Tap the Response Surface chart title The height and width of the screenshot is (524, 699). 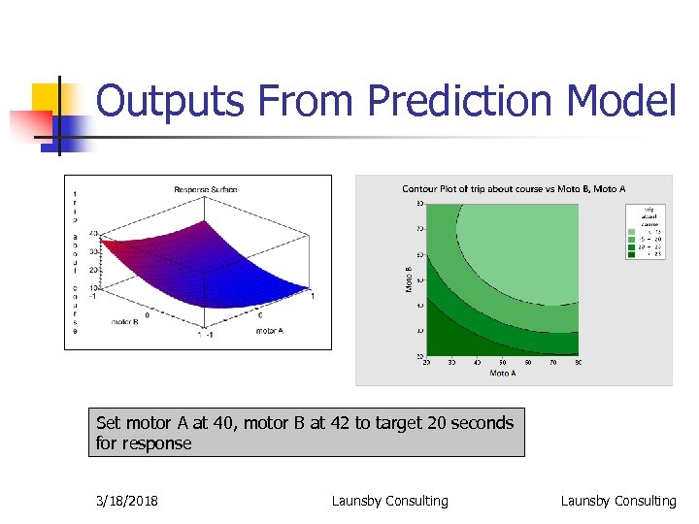pyautogui.click(x=206, y=189)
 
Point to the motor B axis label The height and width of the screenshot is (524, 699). pyautogui.click(x=123, y=321)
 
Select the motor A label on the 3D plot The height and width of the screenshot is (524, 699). pyautogui.click(x=271, y=331)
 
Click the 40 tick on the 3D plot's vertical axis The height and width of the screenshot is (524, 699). pyautogui.click(x=93, y=234)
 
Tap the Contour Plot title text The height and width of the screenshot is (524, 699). pyautogui.click(x=514, y=188)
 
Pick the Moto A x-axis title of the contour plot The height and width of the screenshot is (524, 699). pyautogui.click(x=503, y=373)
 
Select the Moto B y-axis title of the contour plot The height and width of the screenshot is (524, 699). pyautogui.click(x=409, y=280)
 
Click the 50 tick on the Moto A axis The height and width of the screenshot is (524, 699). pyautogui.click(x=503, y=363)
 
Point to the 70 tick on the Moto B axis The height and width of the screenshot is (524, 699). pyautogui.click(x=419, y=229)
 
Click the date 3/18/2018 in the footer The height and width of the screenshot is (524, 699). pyautogui.click(x=128, y=501)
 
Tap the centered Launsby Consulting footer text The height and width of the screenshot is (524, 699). pyautogui.click(x=389, y=501)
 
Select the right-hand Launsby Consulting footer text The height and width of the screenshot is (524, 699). pyautogui.click(x=617, y=501)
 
